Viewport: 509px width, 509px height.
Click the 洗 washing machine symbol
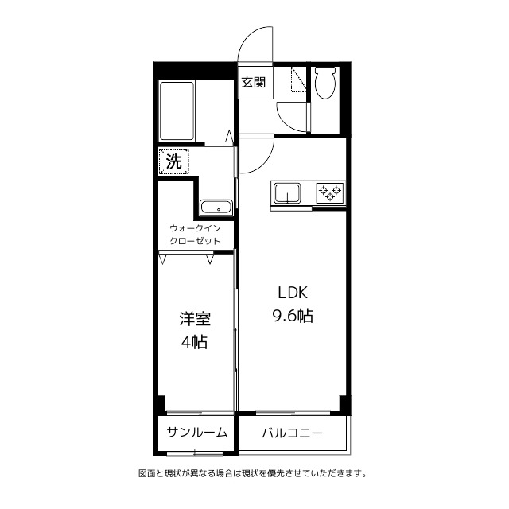(x=173, y=161)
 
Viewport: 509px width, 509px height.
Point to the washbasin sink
(x=215, y=208)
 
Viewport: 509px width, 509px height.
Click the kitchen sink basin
(x=287, y=192)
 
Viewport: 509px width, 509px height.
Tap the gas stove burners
(x=330, y=191)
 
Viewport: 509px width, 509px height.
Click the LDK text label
(x=292, y=291)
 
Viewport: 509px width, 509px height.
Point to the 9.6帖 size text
(x=292, y=316)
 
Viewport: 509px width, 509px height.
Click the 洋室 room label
(x=194, y=319)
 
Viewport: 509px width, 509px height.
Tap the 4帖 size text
(x=194, y=344)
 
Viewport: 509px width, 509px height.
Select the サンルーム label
(x=196, y=433)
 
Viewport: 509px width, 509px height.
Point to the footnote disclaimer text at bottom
(x=252, y=473)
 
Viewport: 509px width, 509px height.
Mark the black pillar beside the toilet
(x=344, y=99)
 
